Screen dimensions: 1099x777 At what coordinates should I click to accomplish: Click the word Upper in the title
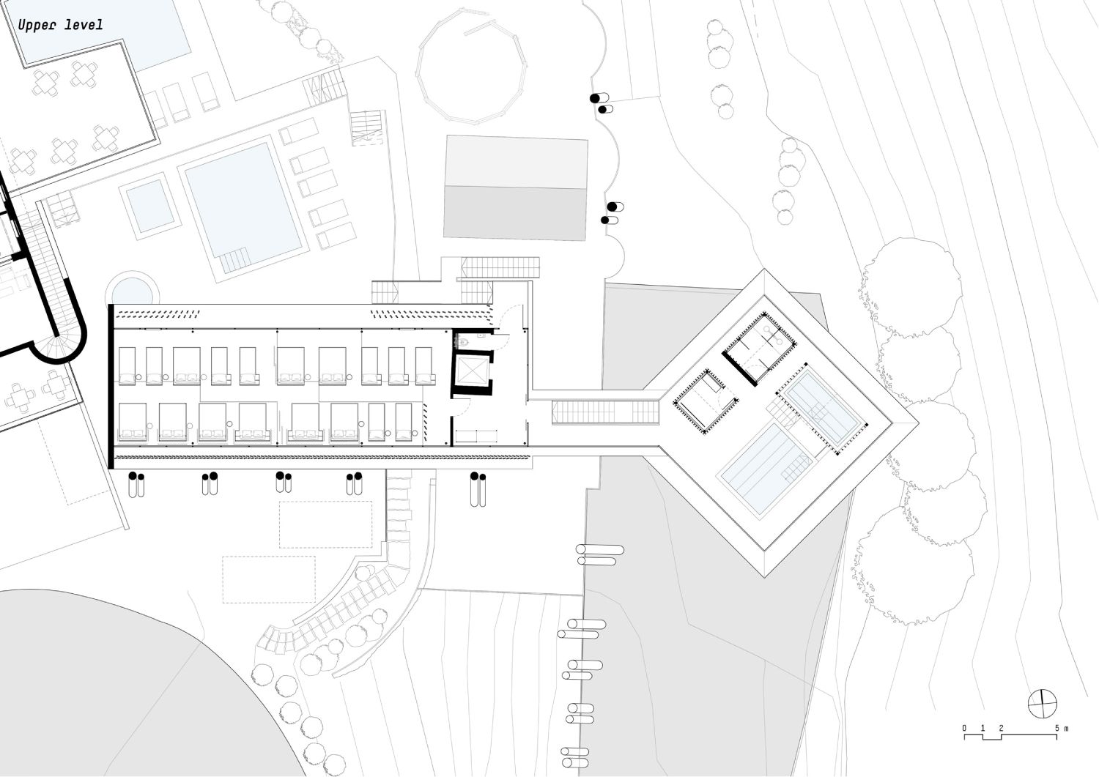37,25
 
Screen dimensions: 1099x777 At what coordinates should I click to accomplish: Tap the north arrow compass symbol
1042,703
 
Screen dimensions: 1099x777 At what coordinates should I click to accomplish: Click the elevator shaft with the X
472,371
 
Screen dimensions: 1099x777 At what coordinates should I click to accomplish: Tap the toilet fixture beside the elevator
460,341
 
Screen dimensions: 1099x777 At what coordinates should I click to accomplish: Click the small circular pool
133,291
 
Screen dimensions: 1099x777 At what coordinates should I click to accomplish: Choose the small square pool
149,206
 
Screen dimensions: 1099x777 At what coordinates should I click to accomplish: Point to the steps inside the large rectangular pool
234,260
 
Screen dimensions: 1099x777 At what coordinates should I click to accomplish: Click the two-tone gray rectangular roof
516,188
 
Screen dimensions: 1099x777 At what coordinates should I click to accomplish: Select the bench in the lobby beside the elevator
476,436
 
